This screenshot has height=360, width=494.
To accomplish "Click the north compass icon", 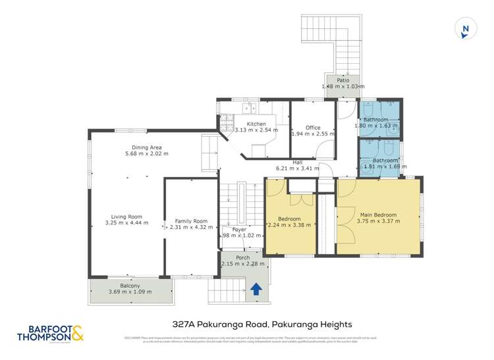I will point(466,28).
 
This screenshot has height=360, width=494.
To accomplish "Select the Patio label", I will point(343,80).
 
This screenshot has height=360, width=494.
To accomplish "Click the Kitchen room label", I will point(256,124).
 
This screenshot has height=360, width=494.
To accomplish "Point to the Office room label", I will point(313,128).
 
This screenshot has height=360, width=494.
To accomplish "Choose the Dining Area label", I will point(146,147).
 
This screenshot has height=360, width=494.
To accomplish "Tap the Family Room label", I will point(191,221).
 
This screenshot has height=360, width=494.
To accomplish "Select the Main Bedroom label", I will point(378,215).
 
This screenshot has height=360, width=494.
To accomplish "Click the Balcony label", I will point(130,286).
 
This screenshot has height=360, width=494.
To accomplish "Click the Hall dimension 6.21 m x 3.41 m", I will point(298,168).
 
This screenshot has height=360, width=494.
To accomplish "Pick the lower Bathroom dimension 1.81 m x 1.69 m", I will point(381,167).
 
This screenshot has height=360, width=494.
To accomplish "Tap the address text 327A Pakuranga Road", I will point(261,324).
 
